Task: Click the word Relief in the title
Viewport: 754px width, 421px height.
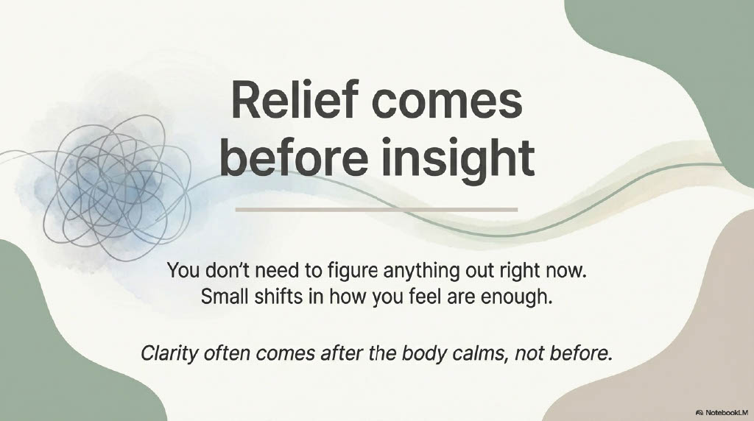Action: pos(295,100)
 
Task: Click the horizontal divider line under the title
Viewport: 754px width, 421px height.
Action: pos(376,210)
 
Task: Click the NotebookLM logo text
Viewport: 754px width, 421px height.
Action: pos(722,412)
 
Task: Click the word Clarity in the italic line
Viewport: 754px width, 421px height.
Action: pos(169,354)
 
